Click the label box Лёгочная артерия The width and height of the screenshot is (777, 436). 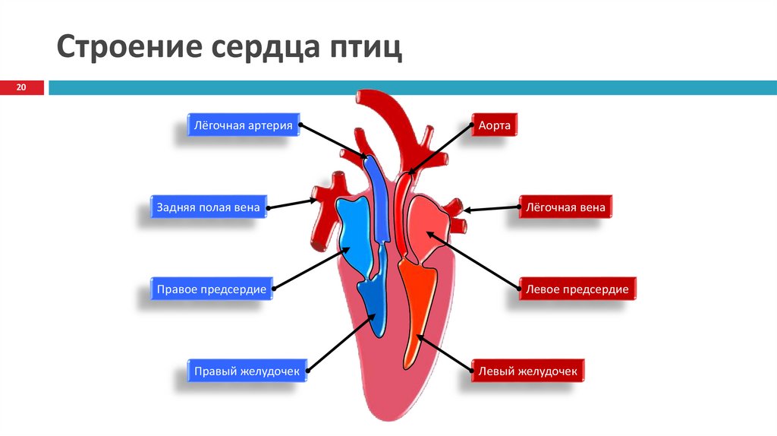pyautogui.click(x=243, y=125)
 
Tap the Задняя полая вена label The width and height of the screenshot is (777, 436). pyautogui.click(x=208, y=207)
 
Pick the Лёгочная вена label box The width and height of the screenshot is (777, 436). pyautogui.click(x=565, y=207)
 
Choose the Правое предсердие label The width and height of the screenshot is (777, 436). pyautogui.click(x=211, y=289)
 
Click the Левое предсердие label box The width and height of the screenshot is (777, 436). pyautogui.click(x=577, y=289)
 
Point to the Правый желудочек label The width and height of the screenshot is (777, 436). pyautogui.click(x=247, y=371)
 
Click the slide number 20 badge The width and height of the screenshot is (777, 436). pyautogui.click(x=21, y=88)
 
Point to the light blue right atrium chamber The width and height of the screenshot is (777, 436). pyautogui.click(x=354, y=232)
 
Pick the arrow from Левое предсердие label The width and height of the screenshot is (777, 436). pyautogui.click(x=473, y=259)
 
